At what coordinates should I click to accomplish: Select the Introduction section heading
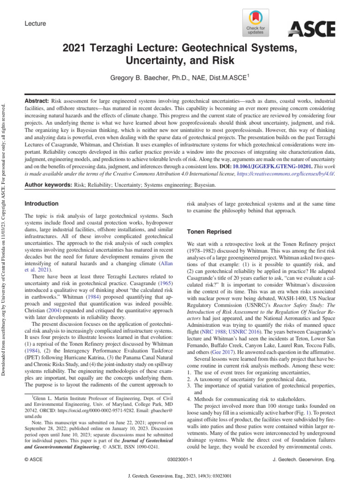coord(41,204)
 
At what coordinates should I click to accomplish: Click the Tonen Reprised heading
coord(210,232)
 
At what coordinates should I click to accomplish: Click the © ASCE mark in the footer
coord(33,460)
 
